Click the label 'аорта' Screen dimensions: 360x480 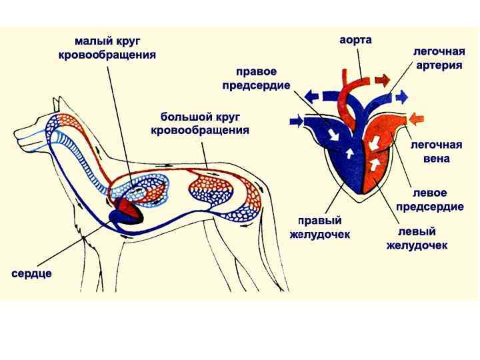pyautogui.click(x=355, y=40)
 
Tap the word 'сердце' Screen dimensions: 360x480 pyautogui.click(x=32, y=273)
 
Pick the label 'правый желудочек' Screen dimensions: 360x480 pyautogui.click(x=319, y=227)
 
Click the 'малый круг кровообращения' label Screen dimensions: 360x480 pyautogui.click(x=107, y=48)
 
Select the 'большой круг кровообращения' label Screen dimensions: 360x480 pyautogui.click(x=200, y=123)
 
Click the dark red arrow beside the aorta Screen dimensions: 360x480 pyautogui.click(x=382, y=81)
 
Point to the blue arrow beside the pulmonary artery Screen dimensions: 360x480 pyautogui.click(x=401, y=97)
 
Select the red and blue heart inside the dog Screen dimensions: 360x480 pyautogui.click(x=127, y=211)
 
